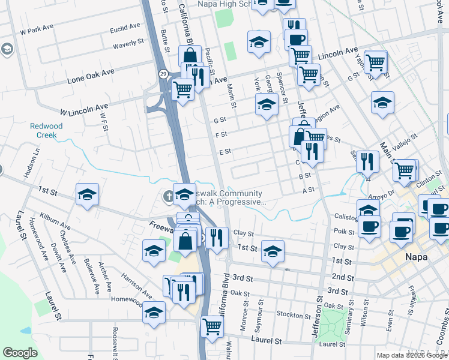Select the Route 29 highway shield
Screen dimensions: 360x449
pyautogui.click(x=163, y=73)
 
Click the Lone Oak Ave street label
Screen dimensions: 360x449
pyautogui.click(x=91, y=76)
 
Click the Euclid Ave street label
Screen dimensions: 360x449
pyautogui.click(x=125, y=28)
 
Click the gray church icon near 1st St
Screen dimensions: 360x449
pyautogui.click(x=169, y=196)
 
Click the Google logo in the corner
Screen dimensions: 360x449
pyautogui.click(x=20, y=353)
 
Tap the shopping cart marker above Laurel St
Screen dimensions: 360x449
pyautogui.click(x=212, y=326)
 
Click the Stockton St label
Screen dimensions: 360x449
pyautogui.click(x=294, y=314)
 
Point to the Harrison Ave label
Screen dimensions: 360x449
pyautogui.click(x=136, y=287)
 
